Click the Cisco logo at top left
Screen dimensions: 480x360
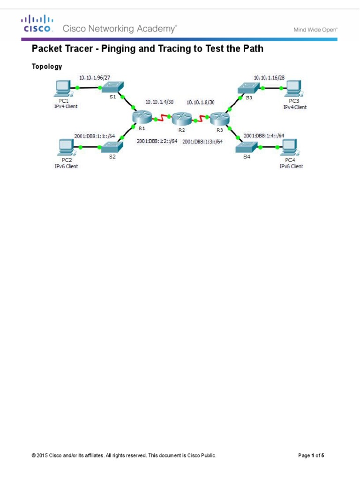[37, 23]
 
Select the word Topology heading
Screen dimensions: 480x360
[46, 67]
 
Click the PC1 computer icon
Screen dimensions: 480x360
[62, 87]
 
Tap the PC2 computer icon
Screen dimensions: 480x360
[63, 147]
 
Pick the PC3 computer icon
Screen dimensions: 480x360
[294, 87]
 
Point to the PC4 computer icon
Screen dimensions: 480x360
[286, 147]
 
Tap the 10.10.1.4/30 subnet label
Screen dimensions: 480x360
[160, 101]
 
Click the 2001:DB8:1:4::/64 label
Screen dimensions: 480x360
[264, 136]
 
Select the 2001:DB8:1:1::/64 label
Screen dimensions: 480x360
[95, 136]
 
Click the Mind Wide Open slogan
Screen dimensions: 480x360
[315, 29]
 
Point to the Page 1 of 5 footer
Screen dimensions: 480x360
[311, 455]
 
